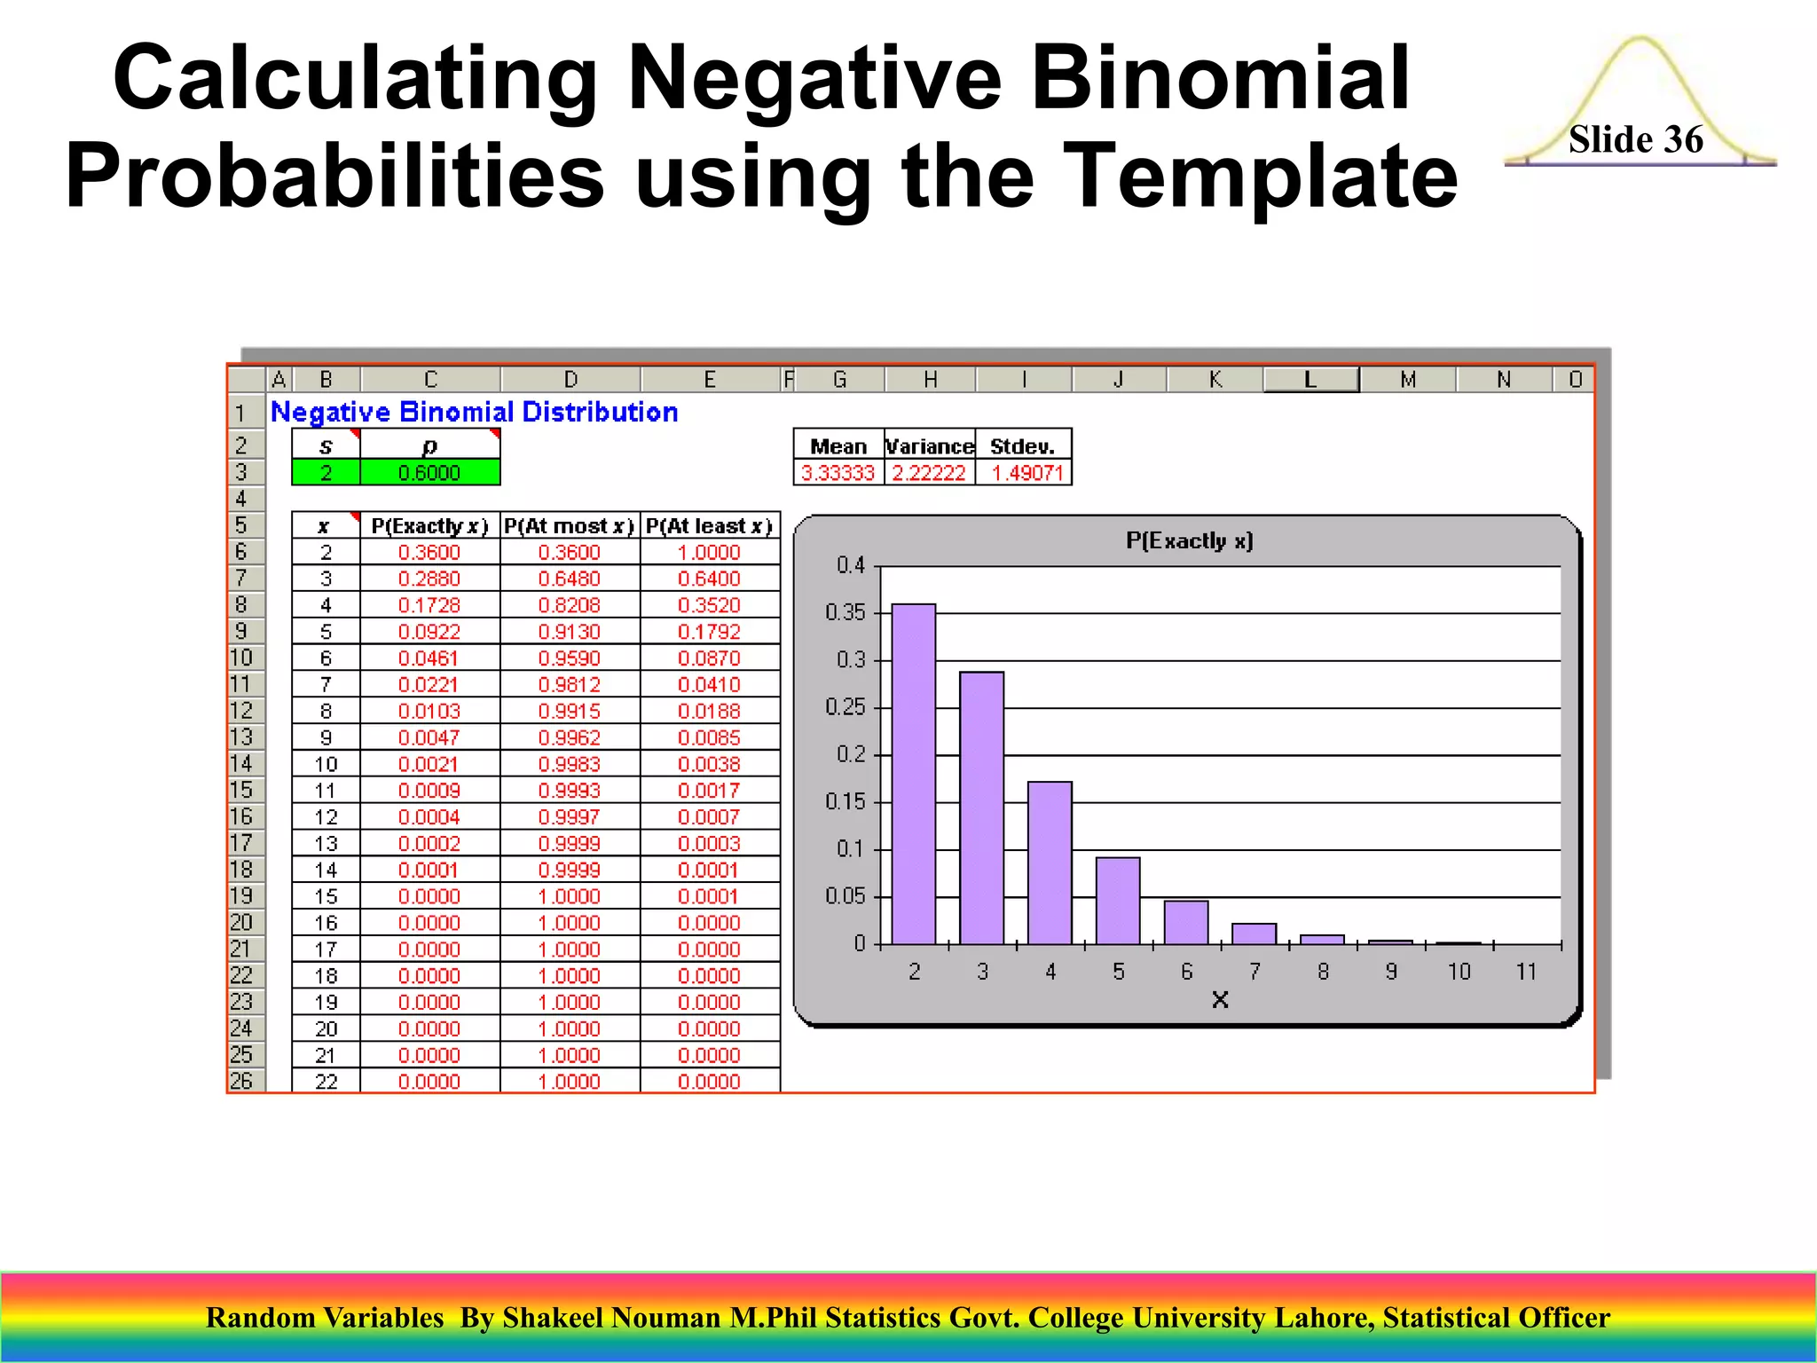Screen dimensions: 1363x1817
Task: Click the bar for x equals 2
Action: coord(914,774)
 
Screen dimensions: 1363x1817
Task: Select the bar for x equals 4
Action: coord(1050,863)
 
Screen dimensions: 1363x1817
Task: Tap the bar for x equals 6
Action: coord(1186,923)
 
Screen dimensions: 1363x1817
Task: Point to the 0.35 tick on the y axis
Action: coord(845,613)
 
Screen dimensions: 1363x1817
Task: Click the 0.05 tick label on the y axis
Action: coord(845,896)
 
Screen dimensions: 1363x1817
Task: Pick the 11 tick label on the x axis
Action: coord(1526,973)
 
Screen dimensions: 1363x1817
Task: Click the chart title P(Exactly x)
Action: coord(1189,541)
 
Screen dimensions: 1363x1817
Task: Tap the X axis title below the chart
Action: coord(1220,1001)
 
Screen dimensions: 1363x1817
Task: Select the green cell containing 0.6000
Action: coord(429,473)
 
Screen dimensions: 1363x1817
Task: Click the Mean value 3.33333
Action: coord(838,473)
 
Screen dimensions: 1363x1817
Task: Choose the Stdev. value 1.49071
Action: coord(1026,473)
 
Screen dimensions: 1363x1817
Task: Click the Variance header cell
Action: coord(929,446)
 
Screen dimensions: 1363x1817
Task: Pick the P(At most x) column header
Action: coord(569,526)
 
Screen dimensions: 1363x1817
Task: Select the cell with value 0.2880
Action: coord(429,579)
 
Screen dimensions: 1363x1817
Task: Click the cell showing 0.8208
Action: coord(569,605)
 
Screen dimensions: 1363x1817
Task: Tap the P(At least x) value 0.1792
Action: coord(709,632)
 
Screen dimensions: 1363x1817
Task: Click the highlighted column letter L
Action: coord(1310,380)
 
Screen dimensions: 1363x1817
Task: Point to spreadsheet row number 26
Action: coord(241,1081)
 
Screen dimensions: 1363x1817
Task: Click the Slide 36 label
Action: coord(1635,139)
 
